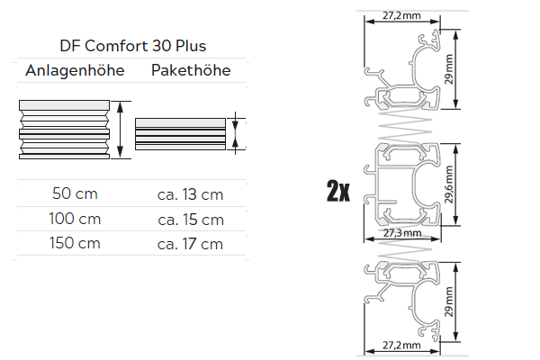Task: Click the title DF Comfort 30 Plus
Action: [x=130, y=46]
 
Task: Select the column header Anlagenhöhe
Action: [x=68, y=71]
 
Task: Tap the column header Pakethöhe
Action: [x=190, y=71]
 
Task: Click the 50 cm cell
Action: [x=75, y=193]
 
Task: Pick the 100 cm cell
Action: [x=75, y=219]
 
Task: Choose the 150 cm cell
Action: [x=75, y=243]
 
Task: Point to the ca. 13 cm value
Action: [x=190, y=193]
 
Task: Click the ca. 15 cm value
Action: [x=190, y=219]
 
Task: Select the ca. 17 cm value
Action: [x=190, y=243]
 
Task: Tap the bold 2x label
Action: [x=338, y=191]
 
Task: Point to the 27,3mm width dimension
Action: [x=402, y=233]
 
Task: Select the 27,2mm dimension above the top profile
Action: [x=402, y=15]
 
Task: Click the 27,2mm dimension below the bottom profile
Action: [x=402, y=345]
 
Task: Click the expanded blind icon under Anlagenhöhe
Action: [x=68, y=130]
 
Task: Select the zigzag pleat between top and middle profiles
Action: [x=396, y=126]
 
